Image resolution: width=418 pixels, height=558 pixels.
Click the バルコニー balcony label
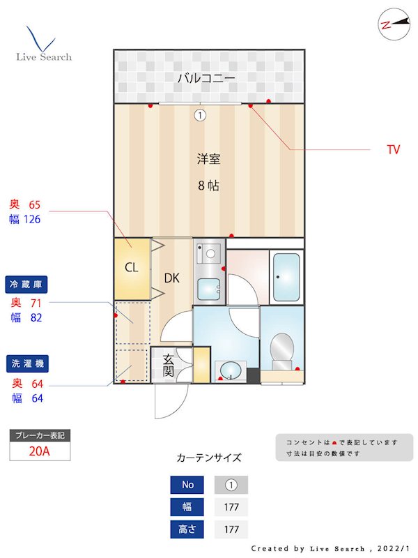(x=206, y=77)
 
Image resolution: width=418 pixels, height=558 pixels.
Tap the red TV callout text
(x=394, y=149)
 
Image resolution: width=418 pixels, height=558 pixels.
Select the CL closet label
(x=132, y=267)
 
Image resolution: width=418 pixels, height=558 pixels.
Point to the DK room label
(x=172, y=278)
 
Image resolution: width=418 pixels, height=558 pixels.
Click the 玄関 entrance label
(x=168, y=365)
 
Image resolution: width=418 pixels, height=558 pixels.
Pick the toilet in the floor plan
(x=282, y=352)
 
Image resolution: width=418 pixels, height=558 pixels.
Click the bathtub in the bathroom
(x=286, y=277)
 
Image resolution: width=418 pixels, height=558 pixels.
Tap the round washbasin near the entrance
(x=230, y=370)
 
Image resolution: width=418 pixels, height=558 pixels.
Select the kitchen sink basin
(x=209, y=289)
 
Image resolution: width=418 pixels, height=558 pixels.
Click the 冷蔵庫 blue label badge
(x=26, y=285)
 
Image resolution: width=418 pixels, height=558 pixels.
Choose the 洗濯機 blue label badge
(x=27, y=363)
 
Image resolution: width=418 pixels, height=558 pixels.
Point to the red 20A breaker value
(x=40, y=451)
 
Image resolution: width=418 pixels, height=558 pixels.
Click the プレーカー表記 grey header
(x=40, y=435)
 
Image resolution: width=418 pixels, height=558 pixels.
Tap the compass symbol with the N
(x=394, y=24)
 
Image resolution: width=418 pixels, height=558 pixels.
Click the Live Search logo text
(x=44, y=57)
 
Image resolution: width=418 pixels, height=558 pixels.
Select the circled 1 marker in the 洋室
(x=201, y=115)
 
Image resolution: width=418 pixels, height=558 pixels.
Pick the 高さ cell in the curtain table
(x=187, y=529)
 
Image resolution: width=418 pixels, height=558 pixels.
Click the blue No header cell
(x=187, y=485)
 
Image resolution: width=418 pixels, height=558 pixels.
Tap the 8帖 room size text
(x=208, y=186)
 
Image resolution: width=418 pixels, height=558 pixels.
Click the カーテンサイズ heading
(x=209, y=458)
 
